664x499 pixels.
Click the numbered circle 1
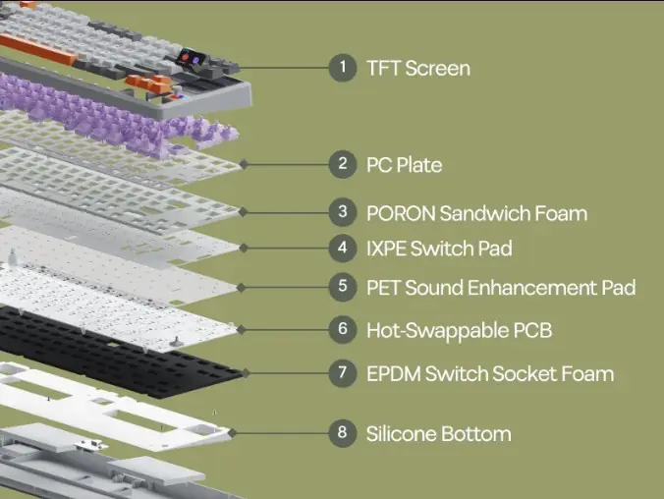343,68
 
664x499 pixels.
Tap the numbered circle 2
343,164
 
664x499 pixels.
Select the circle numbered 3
343,212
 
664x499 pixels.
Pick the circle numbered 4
343,248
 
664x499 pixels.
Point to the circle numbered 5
343,287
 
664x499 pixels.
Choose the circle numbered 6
343,330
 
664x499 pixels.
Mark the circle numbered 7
343,373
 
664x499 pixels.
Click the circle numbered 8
343,433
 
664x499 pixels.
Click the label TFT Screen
418,68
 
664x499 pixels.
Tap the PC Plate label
404,165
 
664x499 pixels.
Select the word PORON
401,213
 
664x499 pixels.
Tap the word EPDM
394,373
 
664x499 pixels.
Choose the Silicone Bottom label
439,434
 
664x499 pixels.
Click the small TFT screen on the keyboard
190,58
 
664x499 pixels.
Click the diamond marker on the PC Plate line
244,164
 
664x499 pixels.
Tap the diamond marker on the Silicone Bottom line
232,433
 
